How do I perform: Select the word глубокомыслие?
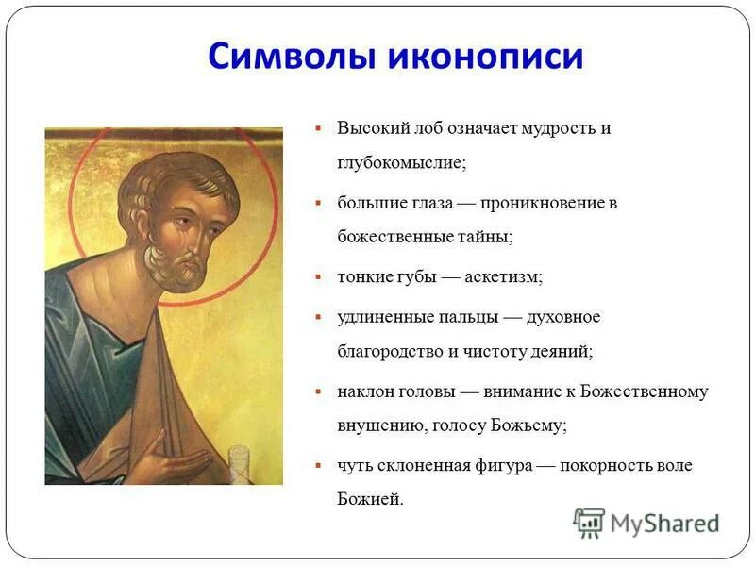coord(401,162)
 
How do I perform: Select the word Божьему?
coord(528,425)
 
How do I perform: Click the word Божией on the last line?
coord(370,500)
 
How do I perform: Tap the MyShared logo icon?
coord(589,522)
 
